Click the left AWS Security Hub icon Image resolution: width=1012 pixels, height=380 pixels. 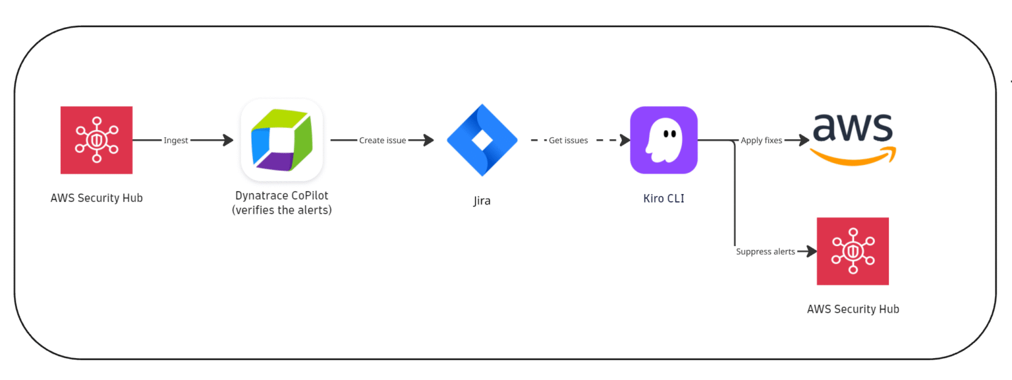(96, 140)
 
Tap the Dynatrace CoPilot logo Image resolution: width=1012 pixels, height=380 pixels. (281, 140)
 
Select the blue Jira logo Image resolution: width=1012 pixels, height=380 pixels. (482, 140)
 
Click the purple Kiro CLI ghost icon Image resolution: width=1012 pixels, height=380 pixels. (663, 140)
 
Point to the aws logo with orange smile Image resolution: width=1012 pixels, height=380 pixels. (853, 138)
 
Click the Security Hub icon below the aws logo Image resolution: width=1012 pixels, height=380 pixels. (853, 251)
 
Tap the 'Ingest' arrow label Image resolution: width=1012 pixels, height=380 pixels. (176, 141)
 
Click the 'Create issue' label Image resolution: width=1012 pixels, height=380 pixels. (382, 141)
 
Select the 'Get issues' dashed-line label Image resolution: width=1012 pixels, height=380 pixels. (568, 141)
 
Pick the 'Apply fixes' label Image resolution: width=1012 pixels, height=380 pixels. (761, 141)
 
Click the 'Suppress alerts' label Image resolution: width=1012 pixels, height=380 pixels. (765, 252)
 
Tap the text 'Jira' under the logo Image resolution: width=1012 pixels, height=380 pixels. (482, 201)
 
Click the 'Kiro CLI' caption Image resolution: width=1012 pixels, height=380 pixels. (663, 198)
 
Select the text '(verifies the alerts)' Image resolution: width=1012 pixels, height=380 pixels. (281, 210)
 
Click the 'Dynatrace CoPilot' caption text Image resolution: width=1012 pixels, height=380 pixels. (281, 196)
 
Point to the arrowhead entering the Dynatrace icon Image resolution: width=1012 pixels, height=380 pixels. (228, 141)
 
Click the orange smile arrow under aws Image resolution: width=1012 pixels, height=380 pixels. (853, 157)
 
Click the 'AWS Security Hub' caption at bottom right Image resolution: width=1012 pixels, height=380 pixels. (853, 309)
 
